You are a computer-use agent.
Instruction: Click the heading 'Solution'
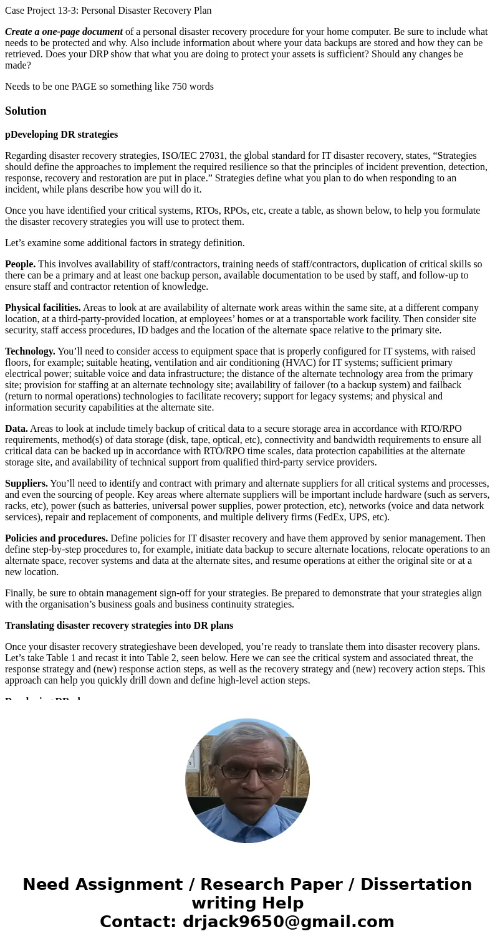pos(26,111)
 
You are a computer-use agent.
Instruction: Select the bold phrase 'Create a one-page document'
pos(64,32)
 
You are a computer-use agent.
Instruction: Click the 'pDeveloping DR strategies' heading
pos(61,135)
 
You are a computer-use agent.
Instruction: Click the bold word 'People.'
pos(20,264)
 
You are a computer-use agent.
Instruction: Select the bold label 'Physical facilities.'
pos(42,308)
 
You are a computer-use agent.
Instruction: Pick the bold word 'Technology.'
pos(30,351)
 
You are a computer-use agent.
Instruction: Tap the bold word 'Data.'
pos(16,429)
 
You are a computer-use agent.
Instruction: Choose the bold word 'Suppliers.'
pos(26,484)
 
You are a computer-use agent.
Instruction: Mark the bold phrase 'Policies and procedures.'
pos(56,538)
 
